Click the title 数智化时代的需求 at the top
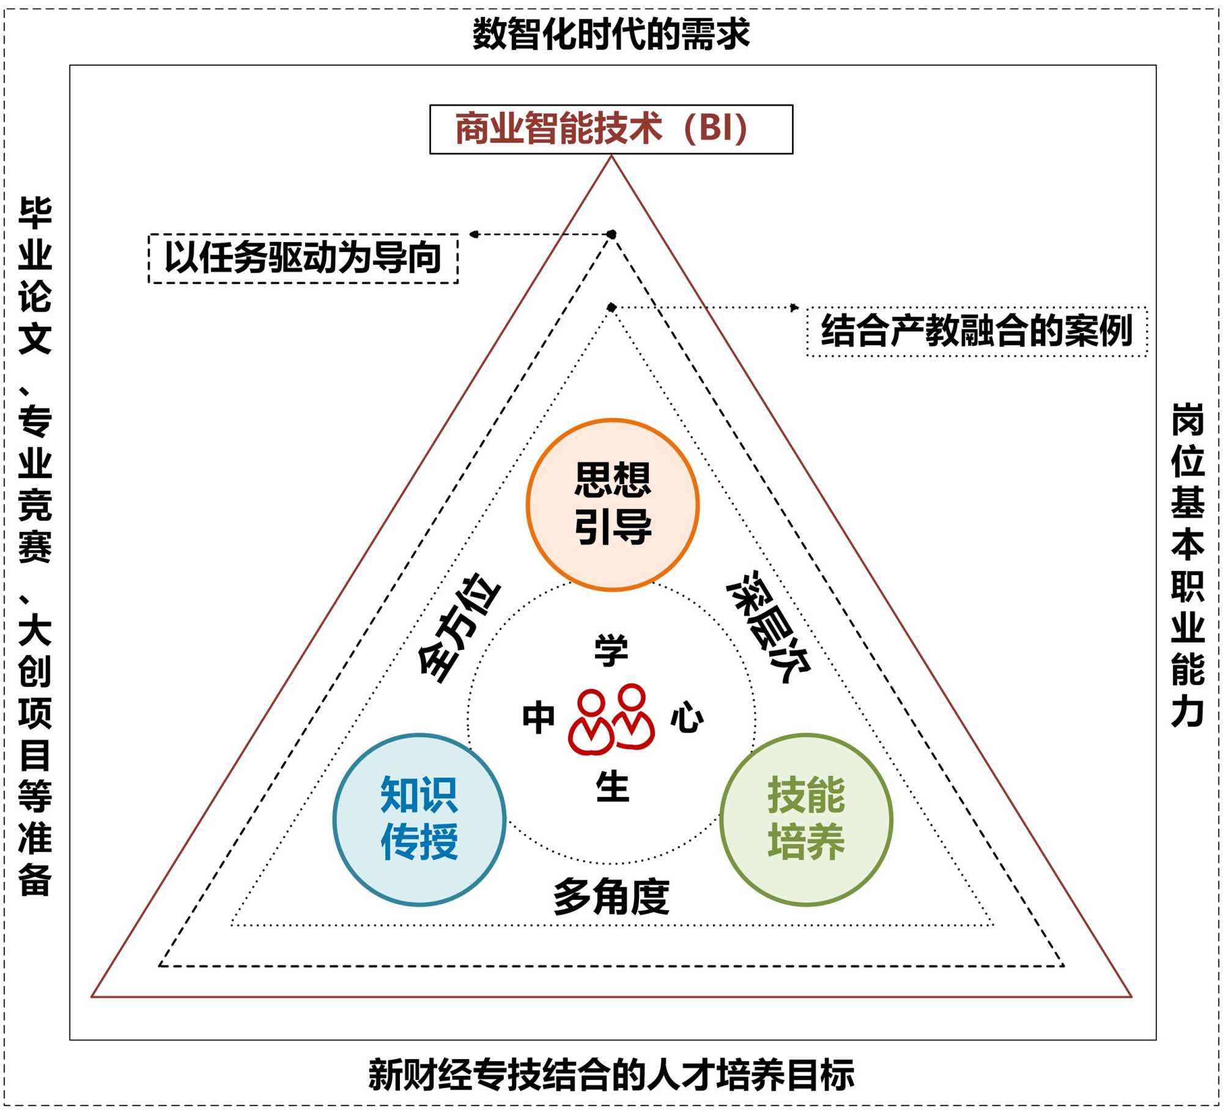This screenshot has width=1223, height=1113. pos(611,34)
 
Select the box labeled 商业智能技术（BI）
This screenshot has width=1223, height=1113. pos(611,129)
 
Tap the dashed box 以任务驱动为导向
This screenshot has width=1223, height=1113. pos(303,258)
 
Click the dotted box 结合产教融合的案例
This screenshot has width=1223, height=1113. pos(977,331)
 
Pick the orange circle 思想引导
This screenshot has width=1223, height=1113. pos(612,504)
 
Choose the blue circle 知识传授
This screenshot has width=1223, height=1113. pos(419,819)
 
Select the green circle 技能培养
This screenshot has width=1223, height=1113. pos(806,819)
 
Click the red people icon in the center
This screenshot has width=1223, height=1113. pos(611,719)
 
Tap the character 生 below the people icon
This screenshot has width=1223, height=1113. pos(612,787)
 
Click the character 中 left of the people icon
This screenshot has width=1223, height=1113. pos(538,718)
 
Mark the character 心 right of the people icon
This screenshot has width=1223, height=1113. pos(687,718)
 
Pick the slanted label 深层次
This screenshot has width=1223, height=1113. pos(768,626)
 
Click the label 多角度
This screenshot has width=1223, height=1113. pos(611,897)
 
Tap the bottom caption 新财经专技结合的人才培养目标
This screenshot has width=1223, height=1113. pos(611,1075)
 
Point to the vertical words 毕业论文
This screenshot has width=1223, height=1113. pos(35,275)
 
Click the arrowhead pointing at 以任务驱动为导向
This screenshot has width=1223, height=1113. pos(473,234)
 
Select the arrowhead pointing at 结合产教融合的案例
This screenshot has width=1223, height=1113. pos(795,307)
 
